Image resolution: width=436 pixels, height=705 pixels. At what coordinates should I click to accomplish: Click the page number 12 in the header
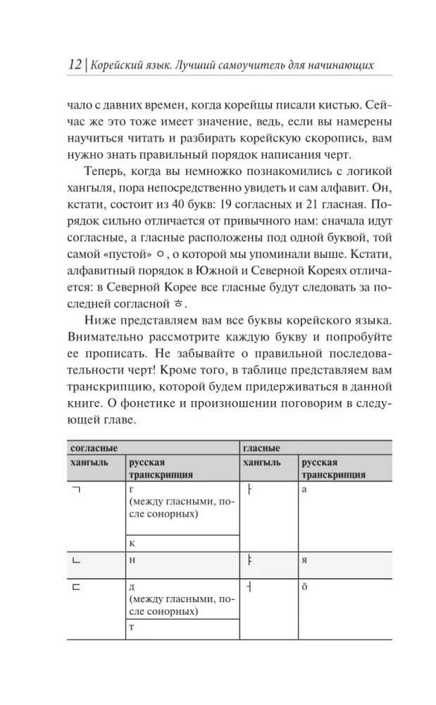point(73,66)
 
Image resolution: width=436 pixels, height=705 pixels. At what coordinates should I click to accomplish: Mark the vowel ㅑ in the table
point(250,560)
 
